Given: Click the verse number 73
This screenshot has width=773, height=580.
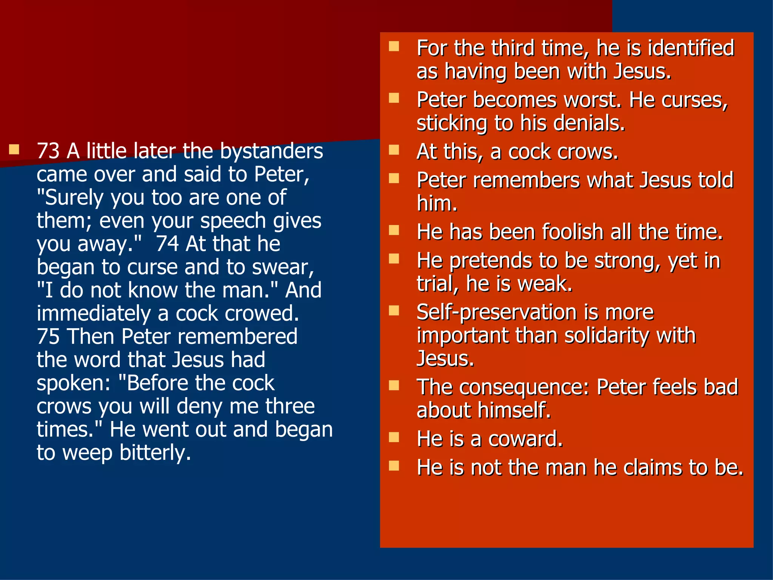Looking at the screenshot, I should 48,151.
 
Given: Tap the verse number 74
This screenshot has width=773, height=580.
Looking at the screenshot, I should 167,244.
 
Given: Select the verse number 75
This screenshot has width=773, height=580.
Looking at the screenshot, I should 48,337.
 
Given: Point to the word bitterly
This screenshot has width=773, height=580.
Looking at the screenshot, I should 155,453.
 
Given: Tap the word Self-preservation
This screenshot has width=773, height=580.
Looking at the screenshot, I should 497,313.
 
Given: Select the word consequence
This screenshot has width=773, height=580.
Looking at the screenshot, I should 524,388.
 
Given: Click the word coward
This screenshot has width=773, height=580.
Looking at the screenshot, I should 525,439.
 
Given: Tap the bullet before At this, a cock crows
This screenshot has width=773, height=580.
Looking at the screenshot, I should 394,150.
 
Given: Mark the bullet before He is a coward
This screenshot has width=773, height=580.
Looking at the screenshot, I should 394,437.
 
